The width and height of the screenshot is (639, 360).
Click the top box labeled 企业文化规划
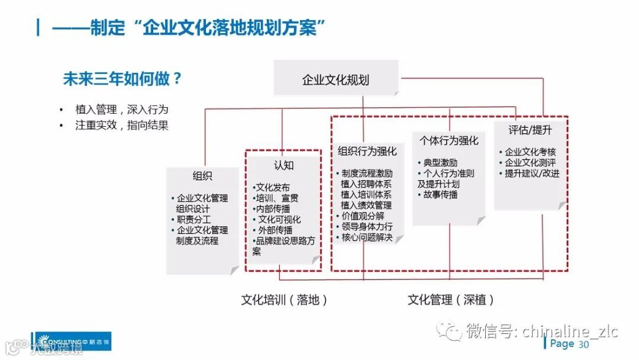pyautogui.click(x=335, y=79)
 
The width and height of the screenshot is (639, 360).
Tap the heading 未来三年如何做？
pyautogui.click(x=122, y=79)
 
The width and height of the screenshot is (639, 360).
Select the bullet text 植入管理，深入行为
pyautogui.click(x=122, y=110)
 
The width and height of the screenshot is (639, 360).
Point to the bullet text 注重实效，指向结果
pyautogui.click(x=122, y=125)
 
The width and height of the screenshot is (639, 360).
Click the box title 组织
pyautogui.click(x=202, y=176)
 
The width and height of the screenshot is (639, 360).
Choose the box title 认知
pyautogui.click(x=283, y=165)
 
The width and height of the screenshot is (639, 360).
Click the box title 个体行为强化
pyautogui.click(x=449, y=140)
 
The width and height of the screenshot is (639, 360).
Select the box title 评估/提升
pyautogui.click(x=530, y=130)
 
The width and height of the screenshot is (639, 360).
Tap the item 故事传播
pyautogui.click(x=440, y=194)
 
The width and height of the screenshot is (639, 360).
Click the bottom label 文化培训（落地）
pyautogui.click(x=284, y=300)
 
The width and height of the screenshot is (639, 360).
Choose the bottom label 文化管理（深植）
pyautogui.click(x=451, y=300)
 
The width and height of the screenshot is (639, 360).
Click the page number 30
pyautogui.click(x=584, y=345)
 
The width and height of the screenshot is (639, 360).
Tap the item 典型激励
pyautogui.click(x=440, y=162)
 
